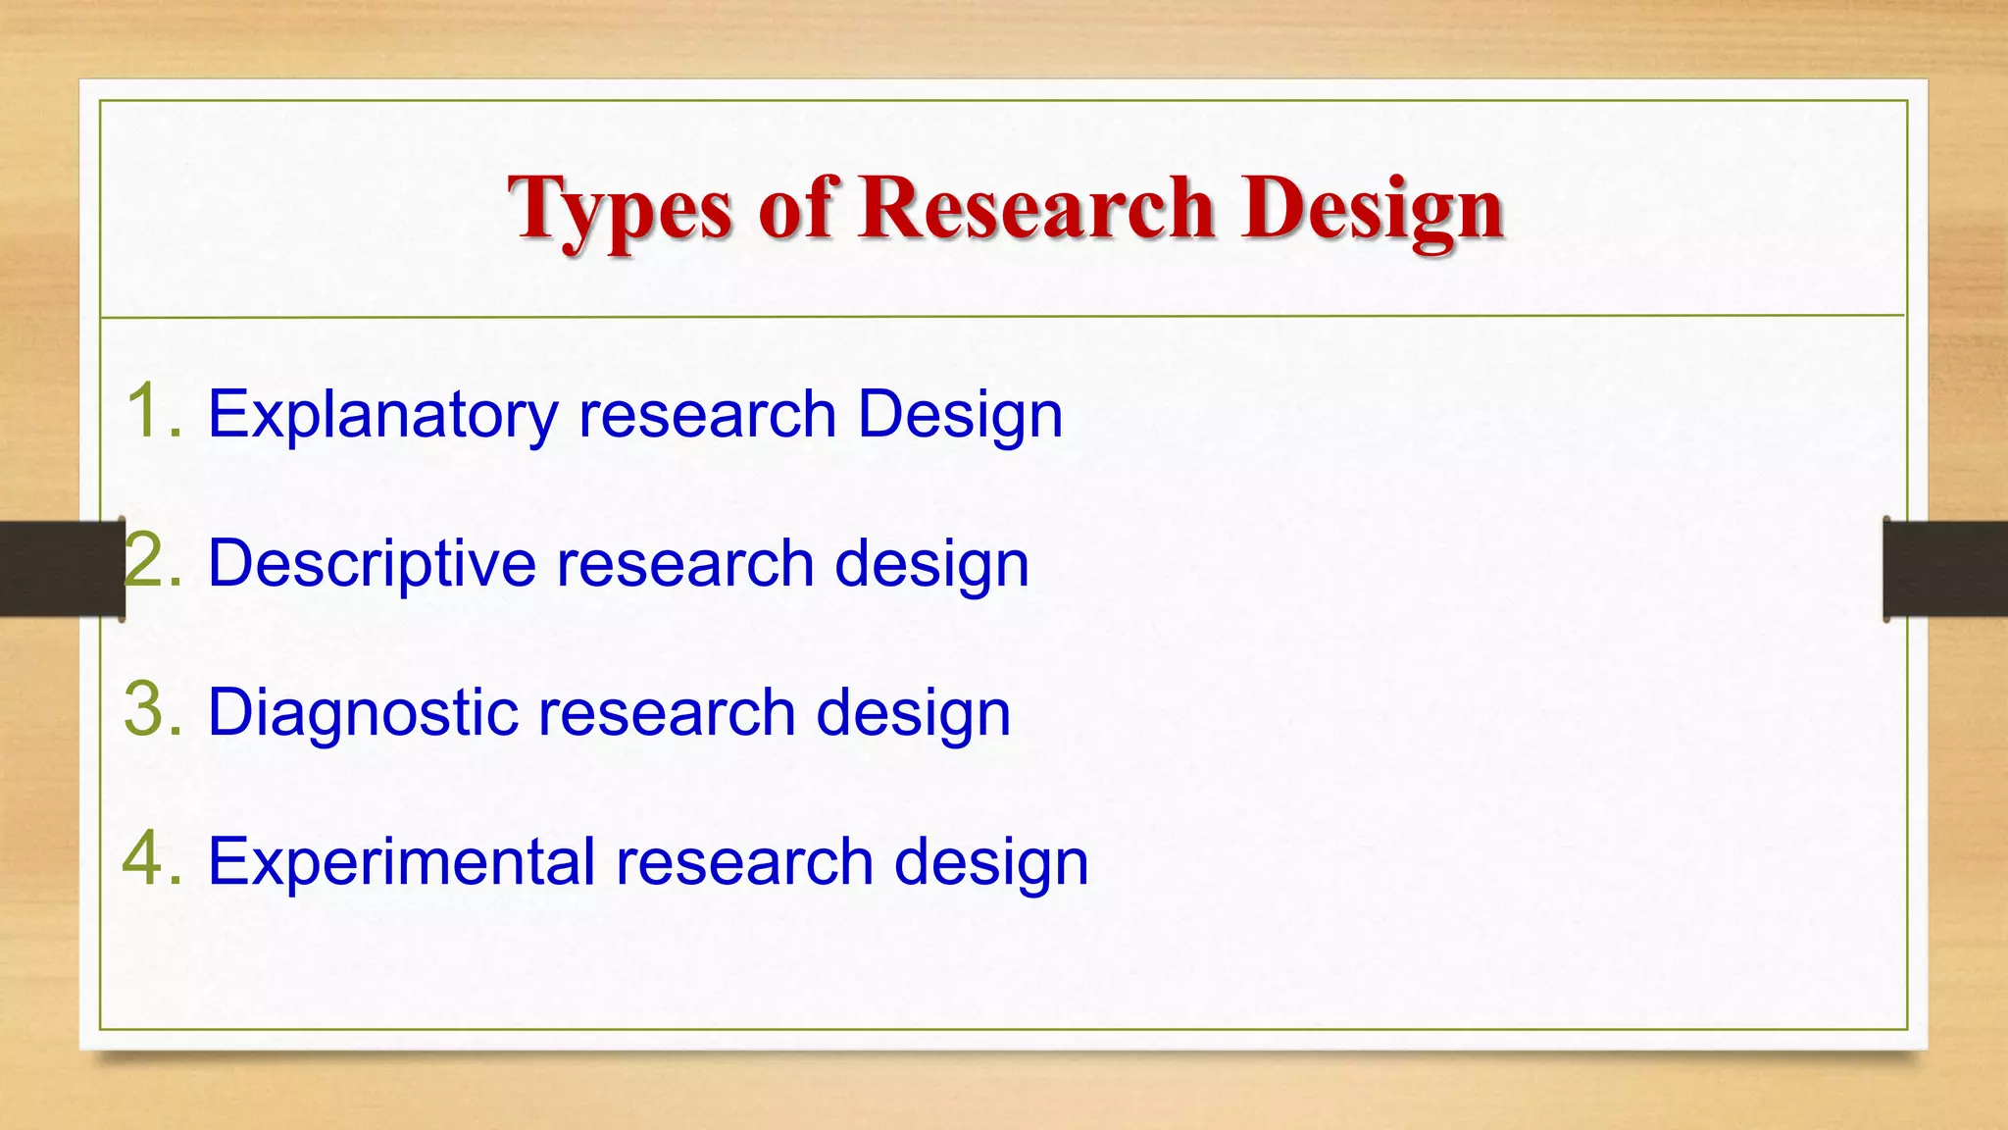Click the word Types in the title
pos(620,209)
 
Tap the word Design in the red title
pos(1372,209)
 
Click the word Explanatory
pos(382,414)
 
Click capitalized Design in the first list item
pos(960,414)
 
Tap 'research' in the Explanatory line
pos(707,414)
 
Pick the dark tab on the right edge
pos(1945,569)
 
